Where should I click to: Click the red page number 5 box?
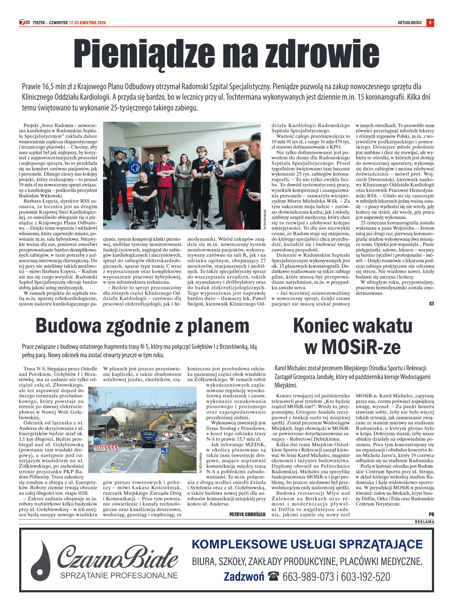pyautogui.click(x=430, y=22)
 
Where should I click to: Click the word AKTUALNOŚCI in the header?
pyautogui.click(x=409, y=23)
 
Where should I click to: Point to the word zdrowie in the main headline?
pyautogui.click(x=322, y=53)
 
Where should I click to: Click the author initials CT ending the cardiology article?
pyautogui.click(x=431, y=304)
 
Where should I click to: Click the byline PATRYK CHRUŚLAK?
pyautogui.click(x=247, y=514)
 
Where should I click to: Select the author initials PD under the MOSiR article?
pyautogui.click(x=431, y=514)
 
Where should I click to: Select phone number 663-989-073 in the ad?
pyautogui.click(x=308, y=577)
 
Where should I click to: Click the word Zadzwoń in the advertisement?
pyautogui.click(x=244, y=577)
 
